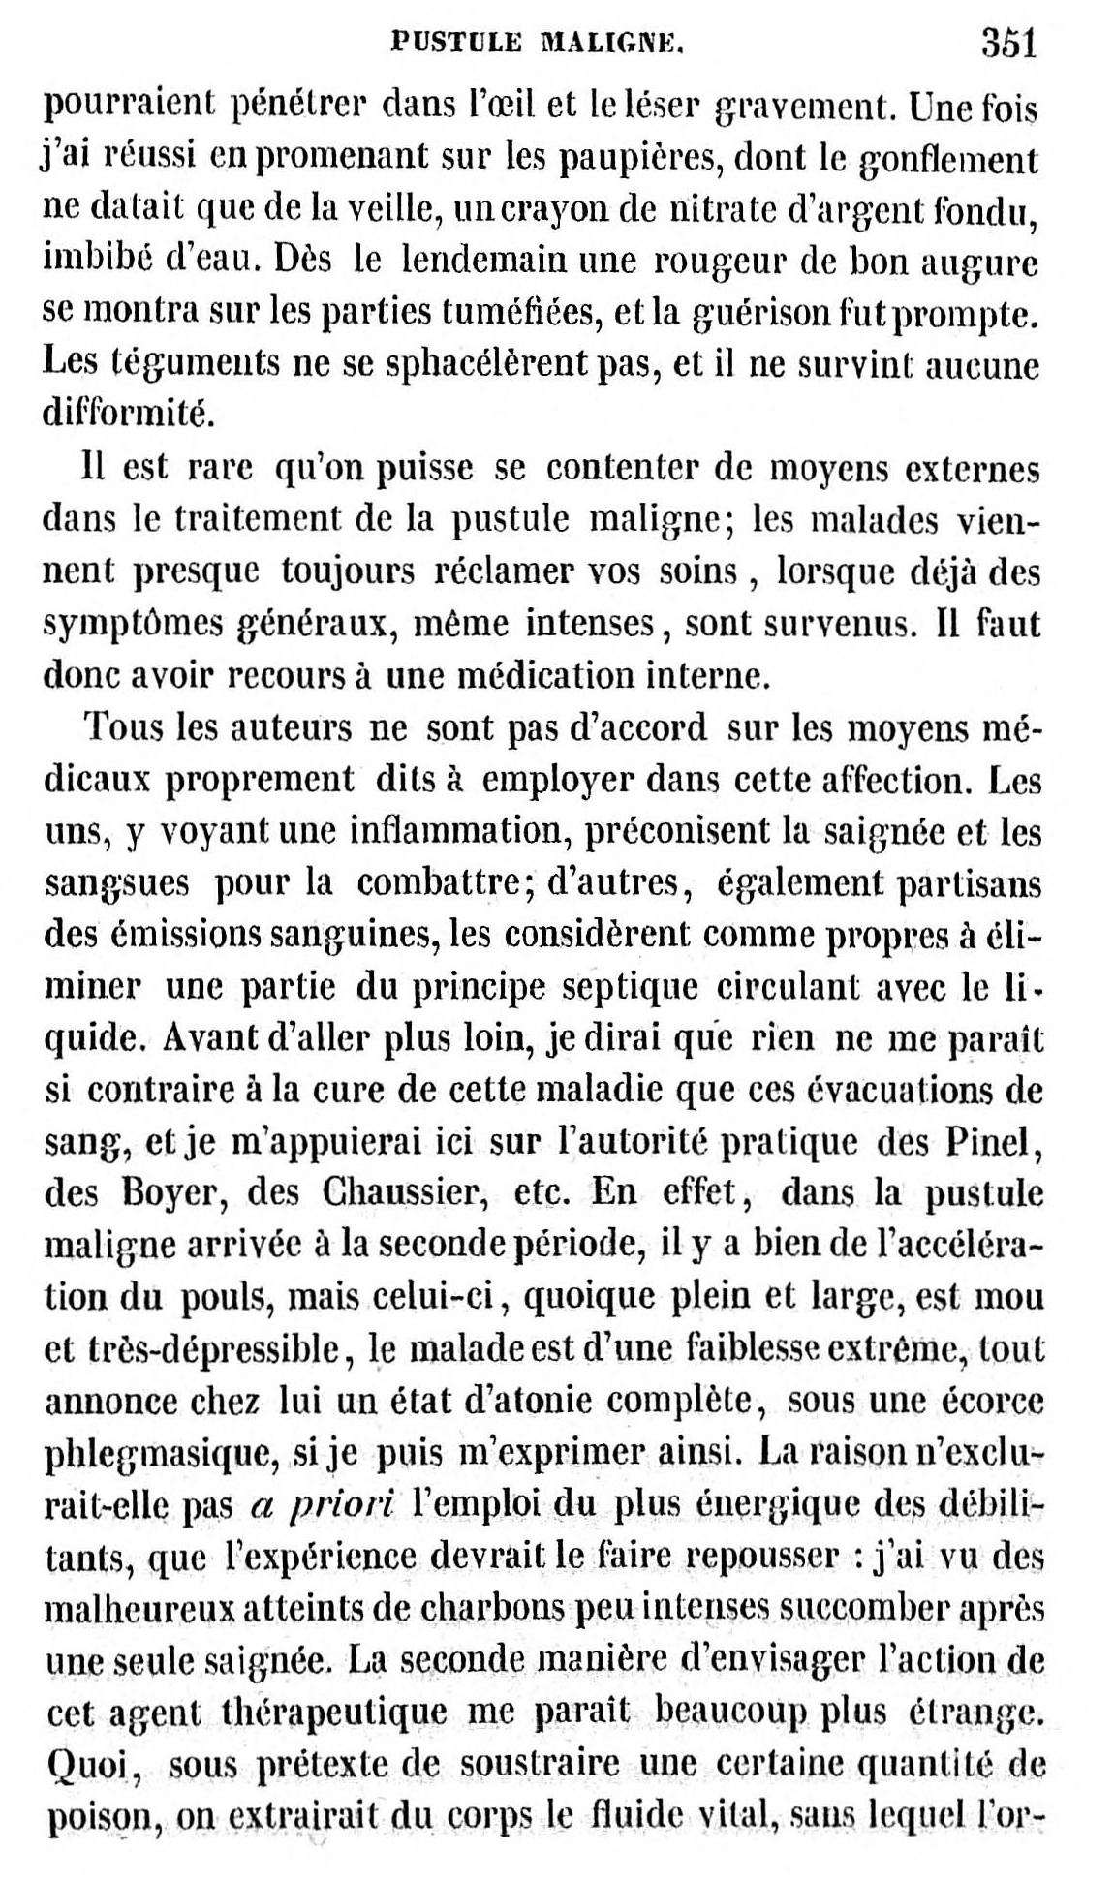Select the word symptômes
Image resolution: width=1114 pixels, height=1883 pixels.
132,625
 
